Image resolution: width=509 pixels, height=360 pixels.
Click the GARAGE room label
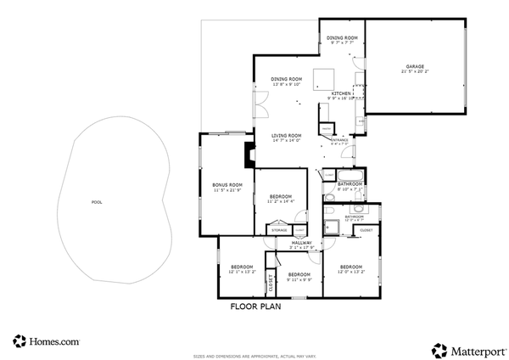click(415, 66)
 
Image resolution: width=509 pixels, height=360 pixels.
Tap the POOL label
click(95, 203)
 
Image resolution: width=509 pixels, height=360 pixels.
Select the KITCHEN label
click(340, 93)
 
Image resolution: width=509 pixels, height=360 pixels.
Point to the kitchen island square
click(322, 79)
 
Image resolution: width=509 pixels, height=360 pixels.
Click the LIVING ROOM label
click(287, 136)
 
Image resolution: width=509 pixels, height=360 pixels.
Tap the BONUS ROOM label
click(227, 184)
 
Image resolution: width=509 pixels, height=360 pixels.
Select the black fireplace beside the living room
click(249, 156)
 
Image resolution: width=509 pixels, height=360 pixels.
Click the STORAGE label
click(278, 230)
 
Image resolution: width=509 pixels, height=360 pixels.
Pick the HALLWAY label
click(302, 244)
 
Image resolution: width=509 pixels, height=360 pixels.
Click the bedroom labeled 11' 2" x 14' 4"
click(280, 197)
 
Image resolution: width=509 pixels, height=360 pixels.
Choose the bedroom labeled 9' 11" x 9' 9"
click(299, 275)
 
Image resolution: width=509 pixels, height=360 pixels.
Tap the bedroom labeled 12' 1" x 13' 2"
click(241, 267)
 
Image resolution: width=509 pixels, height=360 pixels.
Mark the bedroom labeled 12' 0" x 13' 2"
click(351, 267)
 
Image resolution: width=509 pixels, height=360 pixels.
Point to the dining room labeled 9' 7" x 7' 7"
click(342, 38)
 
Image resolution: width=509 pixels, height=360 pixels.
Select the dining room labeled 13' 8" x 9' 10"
click(287, 79)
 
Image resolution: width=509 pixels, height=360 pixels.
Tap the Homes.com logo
click(47, 341)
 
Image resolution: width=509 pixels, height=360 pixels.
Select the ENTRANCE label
click(339, 140)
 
